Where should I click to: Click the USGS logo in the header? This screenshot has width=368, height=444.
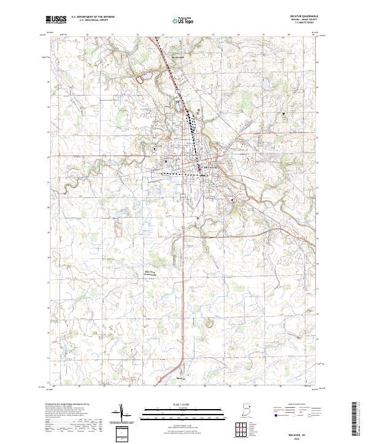coord(56,20)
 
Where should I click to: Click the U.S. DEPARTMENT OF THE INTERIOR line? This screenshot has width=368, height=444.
coord(93,17)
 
